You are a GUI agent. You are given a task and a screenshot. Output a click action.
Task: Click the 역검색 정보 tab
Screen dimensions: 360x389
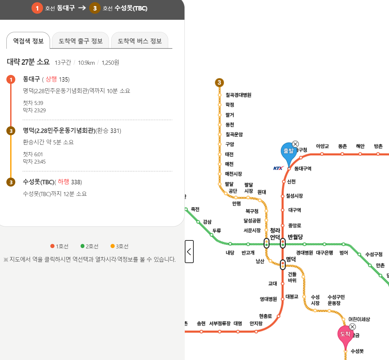pos(28,41)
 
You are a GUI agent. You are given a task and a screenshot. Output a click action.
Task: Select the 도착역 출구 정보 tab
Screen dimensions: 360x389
pos(81,41)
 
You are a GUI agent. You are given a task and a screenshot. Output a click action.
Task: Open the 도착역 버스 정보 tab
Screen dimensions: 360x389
pos(140,41)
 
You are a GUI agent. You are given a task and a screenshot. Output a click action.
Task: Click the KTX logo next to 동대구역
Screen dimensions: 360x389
pos(278,168)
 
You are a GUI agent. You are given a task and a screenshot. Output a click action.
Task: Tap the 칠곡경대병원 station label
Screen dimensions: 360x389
pos(238,95)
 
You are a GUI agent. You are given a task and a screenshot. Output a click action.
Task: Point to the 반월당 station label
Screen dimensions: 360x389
pos(295,237)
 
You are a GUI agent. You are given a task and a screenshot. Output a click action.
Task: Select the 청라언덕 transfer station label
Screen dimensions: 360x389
pos(275,234)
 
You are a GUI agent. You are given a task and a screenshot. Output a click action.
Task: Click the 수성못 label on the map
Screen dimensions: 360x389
pos(357,351)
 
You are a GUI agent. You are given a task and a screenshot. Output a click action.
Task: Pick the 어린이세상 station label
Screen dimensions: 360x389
pos(359,319)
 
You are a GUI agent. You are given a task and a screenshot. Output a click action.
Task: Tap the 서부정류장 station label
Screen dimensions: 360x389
pos(220,324)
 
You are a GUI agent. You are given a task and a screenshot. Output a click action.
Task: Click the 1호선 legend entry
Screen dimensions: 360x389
pos(60,246)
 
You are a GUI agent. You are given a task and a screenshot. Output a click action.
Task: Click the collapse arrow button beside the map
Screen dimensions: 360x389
pos(189,252)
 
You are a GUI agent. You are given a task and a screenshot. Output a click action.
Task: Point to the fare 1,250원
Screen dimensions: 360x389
pos(110,62)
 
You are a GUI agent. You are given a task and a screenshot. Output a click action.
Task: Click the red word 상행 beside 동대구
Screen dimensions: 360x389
pos(51,79)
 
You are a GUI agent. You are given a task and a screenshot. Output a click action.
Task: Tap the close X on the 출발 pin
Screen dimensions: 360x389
pos(295,144)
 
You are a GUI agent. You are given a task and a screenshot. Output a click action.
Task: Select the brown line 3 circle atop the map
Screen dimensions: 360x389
pos(219,83)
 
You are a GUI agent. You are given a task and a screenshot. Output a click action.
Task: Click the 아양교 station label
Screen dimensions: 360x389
pos(322,146)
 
